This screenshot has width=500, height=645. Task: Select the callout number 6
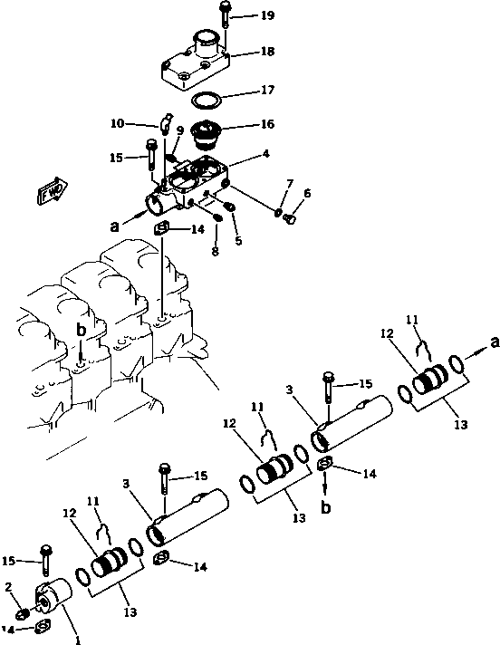307,193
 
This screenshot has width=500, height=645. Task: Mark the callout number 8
216,252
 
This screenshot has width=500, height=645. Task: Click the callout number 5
239,241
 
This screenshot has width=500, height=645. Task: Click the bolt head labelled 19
224,9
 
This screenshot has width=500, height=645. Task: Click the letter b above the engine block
81,332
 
